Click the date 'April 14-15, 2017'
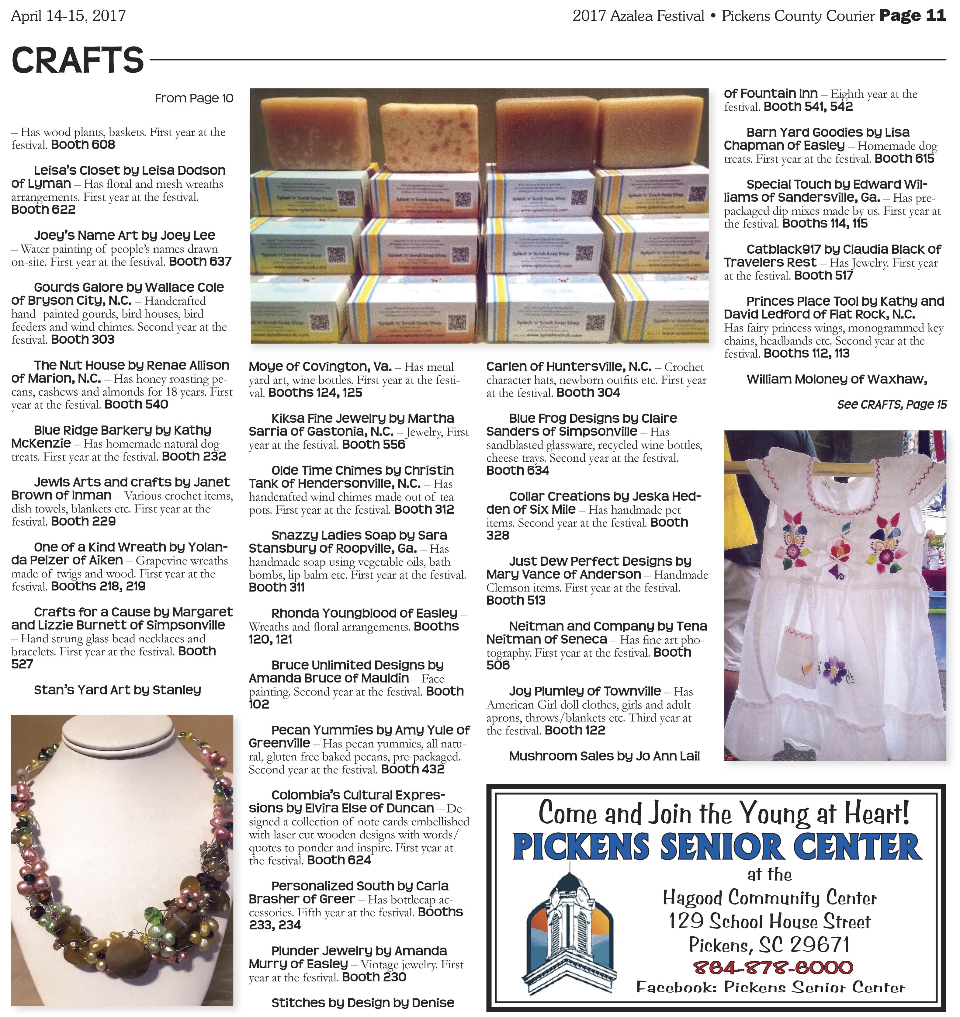point(69,16)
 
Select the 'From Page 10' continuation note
point(194,98)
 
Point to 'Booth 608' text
point(83,145)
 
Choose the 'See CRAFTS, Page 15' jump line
point(892,404)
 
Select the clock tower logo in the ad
point(570,927)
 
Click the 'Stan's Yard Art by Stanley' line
point(117,690)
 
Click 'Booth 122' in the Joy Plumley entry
point(575,731)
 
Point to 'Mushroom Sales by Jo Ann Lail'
point(604,756)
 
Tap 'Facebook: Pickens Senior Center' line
point(770,987)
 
